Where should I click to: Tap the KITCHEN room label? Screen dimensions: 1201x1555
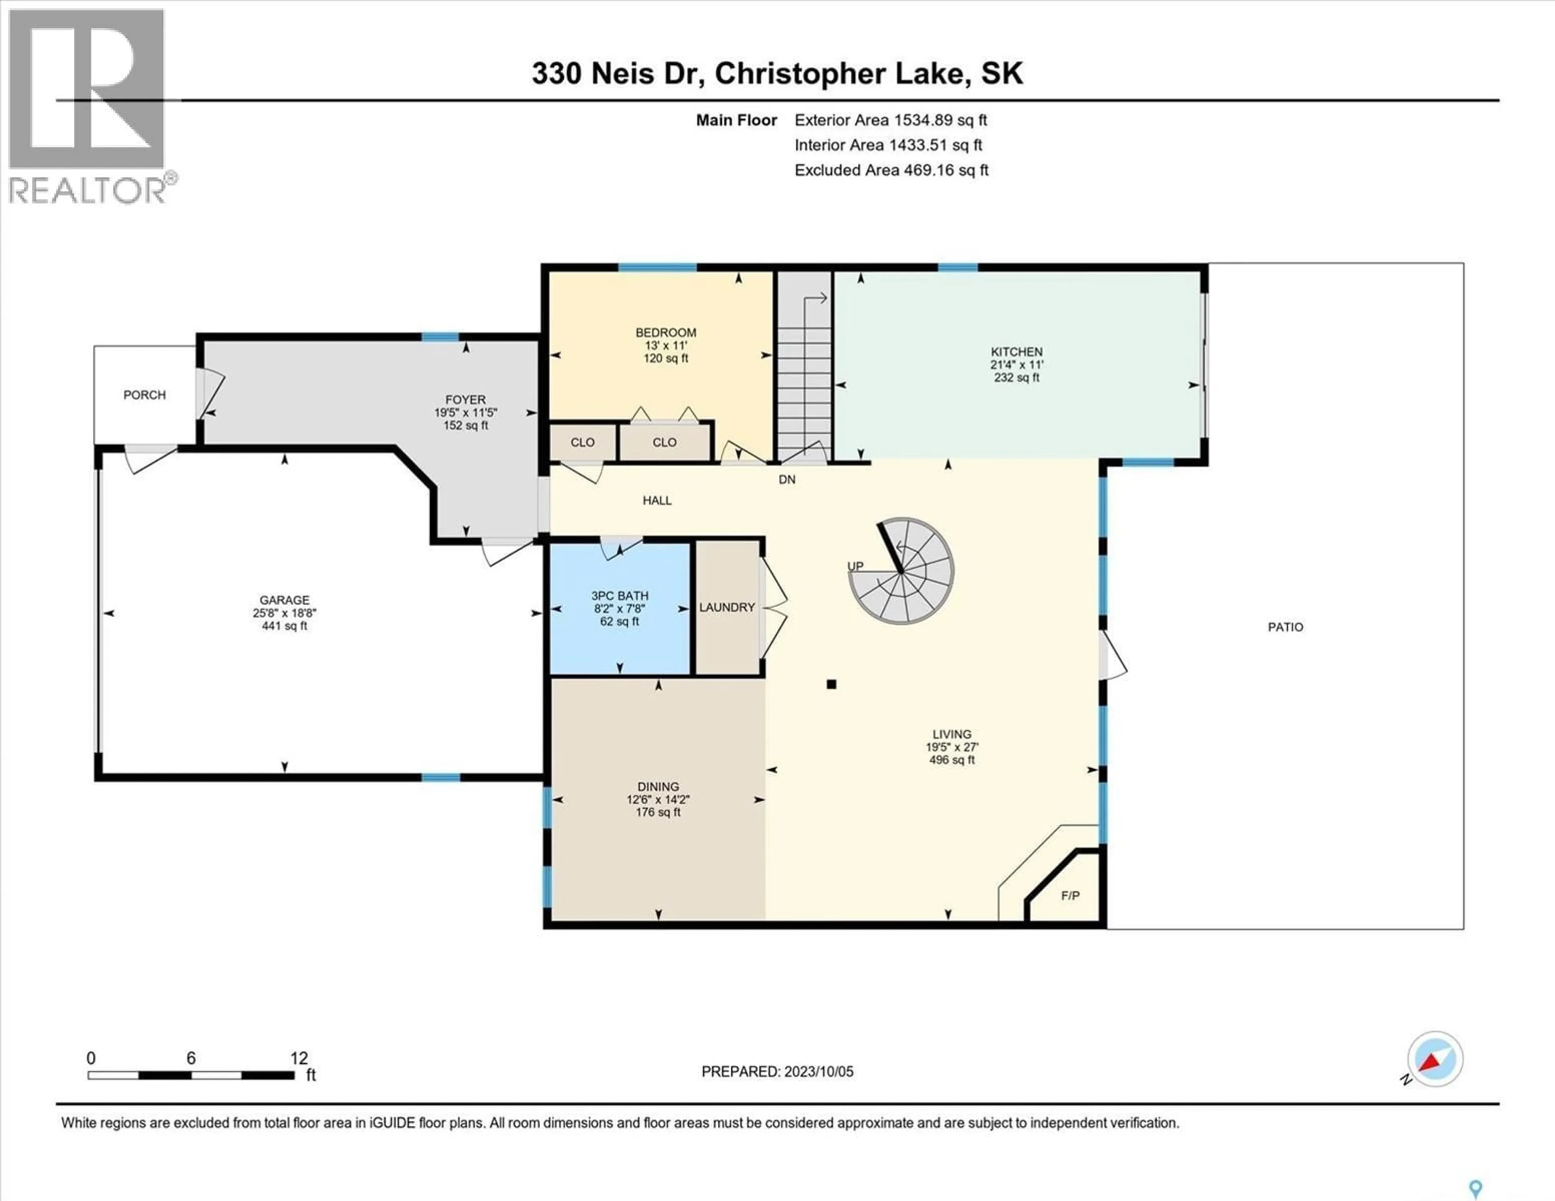1016,352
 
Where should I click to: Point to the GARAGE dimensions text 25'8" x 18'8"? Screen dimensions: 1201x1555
284,613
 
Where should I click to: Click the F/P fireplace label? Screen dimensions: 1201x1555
1070,895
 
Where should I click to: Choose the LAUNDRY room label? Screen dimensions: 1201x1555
726,607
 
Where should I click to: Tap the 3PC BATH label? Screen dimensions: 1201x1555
620,596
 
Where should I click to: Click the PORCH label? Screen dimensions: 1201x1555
145,395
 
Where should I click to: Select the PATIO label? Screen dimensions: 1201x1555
1285,627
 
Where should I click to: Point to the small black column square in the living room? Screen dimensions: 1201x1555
831,684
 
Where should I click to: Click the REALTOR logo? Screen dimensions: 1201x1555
87,107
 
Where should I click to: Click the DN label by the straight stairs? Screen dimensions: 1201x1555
787,480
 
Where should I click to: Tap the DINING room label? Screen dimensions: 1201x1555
658,786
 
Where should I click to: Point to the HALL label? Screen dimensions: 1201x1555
656,500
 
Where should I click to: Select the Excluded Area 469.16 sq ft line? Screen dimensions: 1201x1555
891,170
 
